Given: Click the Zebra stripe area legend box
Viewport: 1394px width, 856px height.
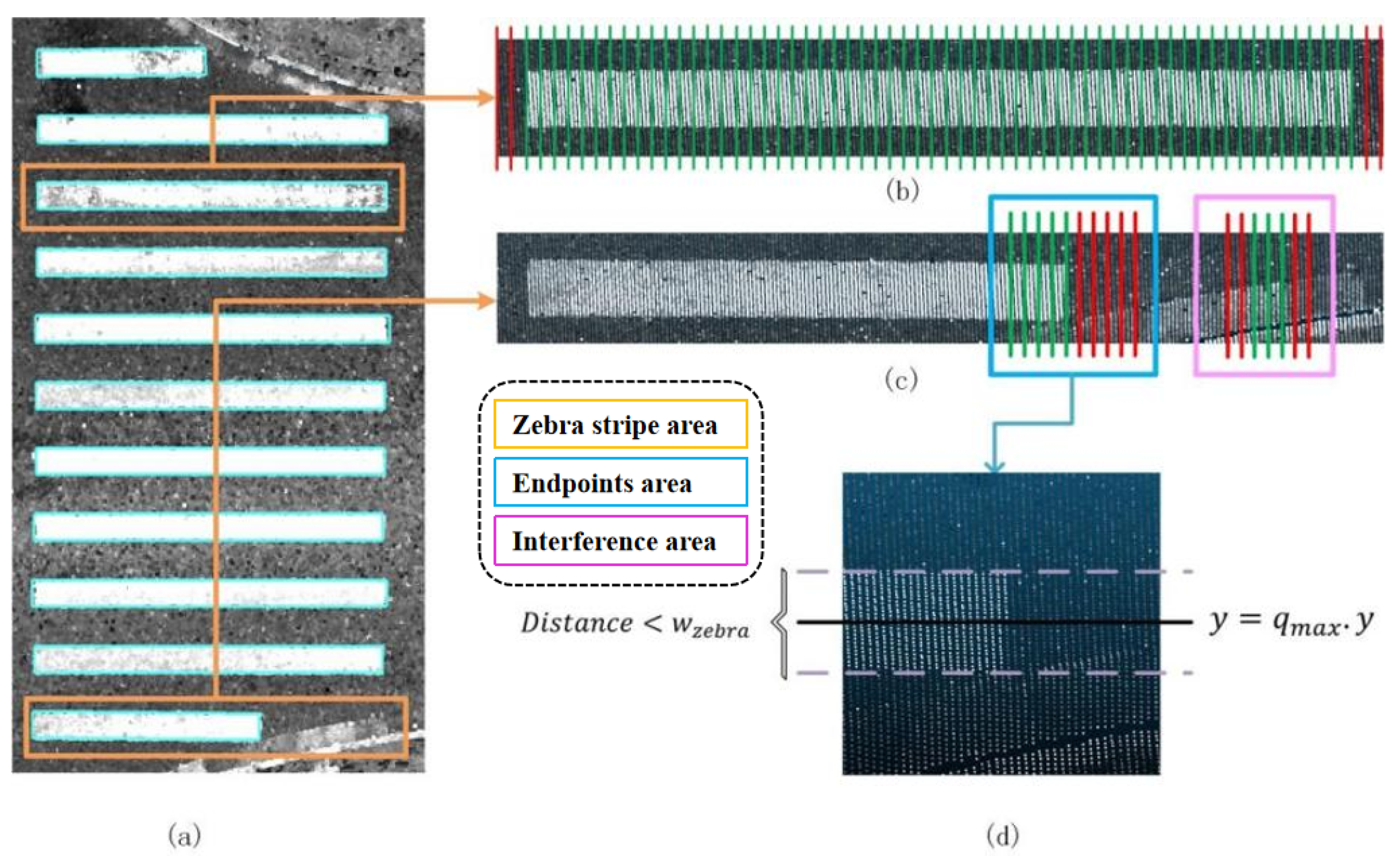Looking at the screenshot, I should pos(620,424).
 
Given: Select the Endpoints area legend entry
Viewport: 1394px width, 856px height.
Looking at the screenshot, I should pos(620,482).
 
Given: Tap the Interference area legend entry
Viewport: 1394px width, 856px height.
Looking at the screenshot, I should pos(620,541).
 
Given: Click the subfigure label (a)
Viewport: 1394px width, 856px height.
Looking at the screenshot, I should pos(185,834).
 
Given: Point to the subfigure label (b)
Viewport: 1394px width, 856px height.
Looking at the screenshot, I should pos(902,190).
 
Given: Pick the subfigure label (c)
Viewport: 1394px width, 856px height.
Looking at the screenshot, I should pos(901,379).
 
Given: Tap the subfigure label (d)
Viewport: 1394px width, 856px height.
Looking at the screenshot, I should pos(1002,834).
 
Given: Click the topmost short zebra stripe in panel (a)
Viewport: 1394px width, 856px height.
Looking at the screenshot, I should pos(121,62).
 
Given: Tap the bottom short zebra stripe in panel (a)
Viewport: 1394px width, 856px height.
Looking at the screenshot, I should pos(146,726).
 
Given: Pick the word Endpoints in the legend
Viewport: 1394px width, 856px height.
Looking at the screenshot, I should pos(572,483).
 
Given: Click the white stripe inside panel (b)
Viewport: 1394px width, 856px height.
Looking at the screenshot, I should pos(939,98).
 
